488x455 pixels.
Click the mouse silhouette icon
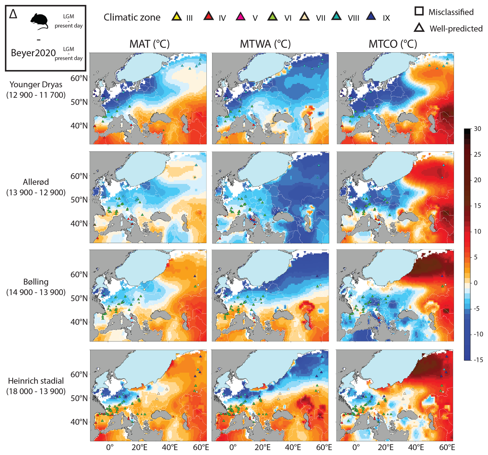click(39, 21)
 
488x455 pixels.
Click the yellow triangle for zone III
click(177, 17)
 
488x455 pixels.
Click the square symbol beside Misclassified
click(419, 11)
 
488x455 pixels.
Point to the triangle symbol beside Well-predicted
click(419, 28)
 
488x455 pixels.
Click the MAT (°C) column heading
click(149, 44)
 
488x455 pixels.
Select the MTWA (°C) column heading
click(265, 44)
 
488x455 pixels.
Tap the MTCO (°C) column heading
click(393, 44)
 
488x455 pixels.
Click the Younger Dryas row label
click(36, 90)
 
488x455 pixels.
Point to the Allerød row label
click(36, 187)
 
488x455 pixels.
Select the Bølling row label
click(36, 287)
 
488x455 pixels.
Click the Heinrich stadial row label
click(36, 386)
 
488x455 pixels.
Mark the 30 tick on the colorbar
click(477, 129)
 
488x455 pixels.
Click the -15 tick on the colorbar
click(478, 360)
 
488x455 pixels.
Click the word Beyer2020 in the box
click(33, 53)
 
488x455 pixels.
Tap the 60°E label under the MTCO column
click(447, 447)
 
